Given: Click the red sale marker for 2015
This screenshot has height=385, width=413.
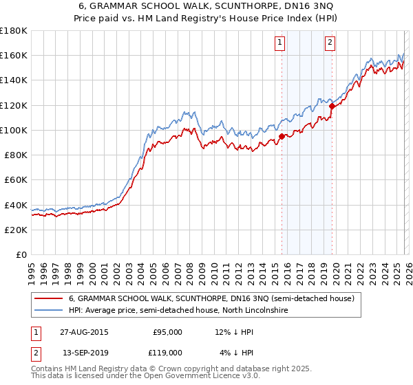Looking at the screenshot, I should click(x=282, y=136).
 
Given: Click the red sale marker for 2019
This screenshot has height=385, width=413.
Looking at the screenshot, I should click(x=332, y=106).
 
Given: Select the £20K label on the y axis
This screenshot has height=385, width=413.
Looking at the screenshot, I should click(x=16, y=230).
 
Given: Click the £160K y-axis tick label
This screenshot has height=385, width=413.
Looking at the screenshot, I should click(x=14, y=55).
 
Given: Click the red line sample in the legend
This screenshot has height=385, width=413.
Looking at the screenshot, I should click(x=49, y=299).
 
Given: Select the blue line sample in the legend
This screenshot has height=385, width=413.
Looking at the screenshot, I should click(x=49, y=311).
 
